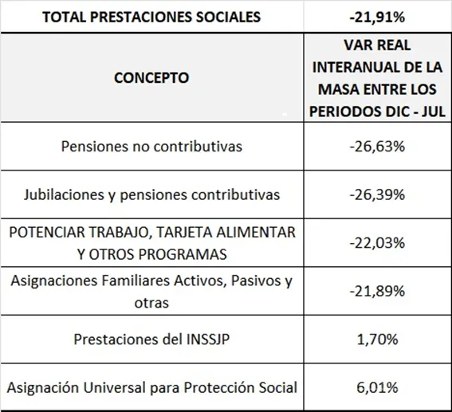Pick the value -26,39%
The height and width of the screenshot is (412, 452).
point(378,194)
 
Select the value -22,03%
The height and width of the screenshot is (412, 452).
point(378,242)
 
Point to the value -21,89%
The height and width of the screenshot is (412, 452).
point(378,291)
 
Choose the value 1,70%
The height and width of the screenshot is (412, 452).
point(378,339)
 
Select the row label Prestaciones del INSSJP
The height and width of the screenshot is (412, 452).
point(151,339)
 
